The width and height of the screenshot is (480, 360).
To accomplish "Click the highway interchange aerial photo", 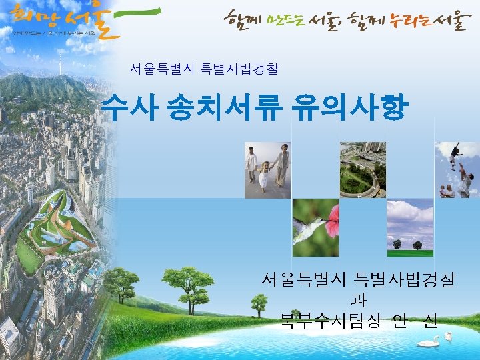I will [363, 170].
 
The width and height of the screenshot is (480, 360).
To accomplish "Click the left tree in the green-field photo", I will [397, 245].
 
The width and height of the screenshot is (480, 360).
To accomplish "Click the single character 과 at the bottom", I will [357, 301].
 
